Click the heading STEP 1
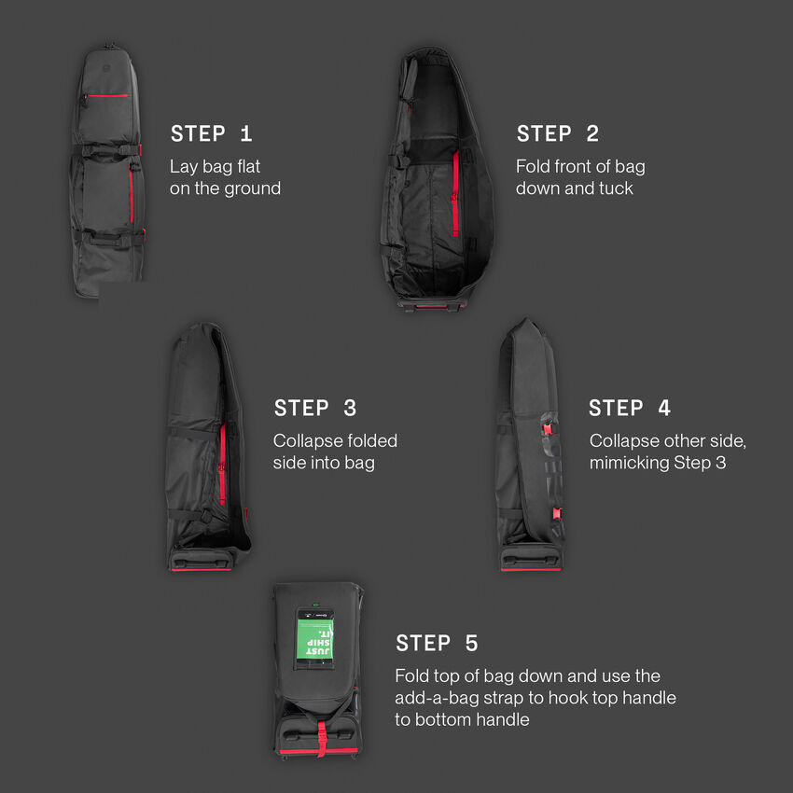click(211, 134)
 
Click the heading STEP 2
click(557, 134)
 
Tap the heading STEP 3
click(315, 409)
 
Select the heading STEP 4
click(630, 409)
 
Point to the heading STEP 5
click(437, 644)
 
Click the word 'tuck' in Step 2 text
click(614, 188)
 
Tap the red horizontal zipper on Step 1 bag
click(109, 95)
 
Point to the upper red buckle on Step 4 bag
click(547, 426)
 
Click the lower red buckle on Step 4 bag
click(557, 511)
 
